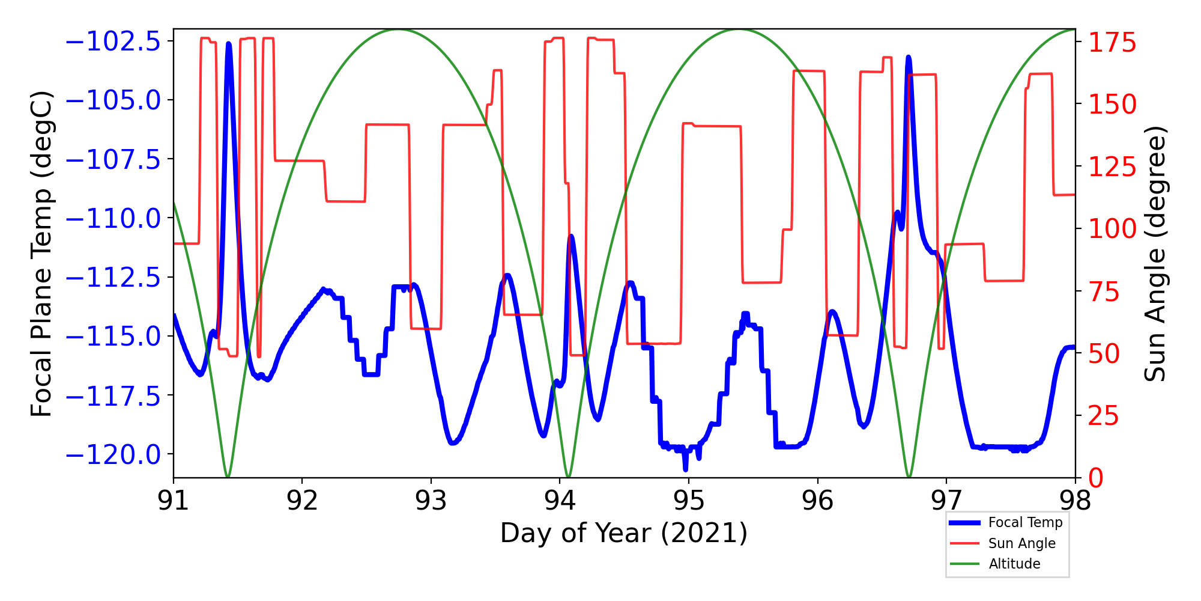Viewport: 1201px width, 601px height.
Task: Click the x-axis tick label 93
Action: tap(431, 501)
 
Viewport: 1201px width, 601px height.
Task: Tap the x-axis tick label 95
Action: tap(689, 501)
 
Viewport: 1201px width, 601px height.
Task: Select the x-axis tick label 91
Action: tap(174, 501)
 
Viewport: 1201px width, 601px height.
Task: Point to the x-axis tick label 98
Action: tap(1075, 501)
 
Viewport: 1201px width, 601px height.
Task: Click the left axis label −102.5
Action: tap(113, 42)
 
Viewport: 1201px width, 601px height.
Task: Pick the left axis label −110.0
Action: tap(113, 218)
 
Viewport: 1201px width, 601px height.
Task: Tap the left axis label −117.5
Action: tap(113, 395)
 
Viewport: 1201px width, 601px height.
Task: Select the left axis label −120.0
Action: tap(113, 454)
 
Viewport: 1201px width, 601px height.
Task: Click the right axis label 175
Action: tap(1113, 43)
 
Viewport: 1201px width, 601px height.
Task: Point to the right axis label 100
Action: tap(1113, 229)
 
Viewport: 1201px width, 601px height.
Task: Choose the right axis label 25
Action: tap(1104, 416)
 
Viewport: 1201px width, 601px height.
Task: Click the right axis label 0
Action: tap(1097, 478)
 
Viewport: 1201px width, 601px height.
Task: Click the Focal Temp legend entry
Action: tap(1025, 523)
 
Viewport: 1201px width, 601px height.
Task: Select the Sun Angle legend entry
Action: tap(1021, 543)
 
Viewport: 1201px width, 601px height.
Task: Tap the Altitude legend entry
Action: tap(1014, 564)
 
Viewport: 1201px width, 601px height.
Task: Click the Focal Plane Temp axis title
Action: tap(42, 254)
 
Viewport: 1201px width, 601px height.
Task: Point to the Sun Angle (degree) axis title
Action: tap(1154, 254)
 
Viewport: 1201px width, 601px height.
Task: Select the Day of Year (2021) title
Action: tap(624, 533)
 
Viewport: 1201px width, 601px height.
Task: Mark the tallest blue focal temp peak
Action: tap(229, 44)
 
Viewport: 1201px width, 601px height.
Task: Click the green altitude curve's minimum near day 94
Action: tap(568, 477)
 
